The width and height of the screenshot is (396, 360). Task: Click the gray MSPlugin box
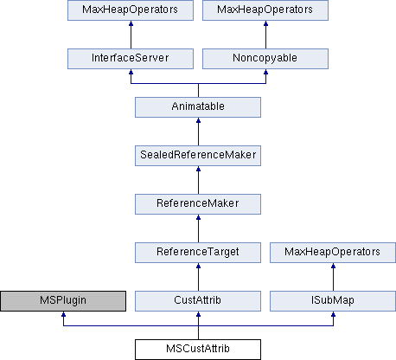(x=63, y=301)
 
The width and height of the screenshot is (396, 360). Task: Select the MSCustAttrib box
(x=198, y=350)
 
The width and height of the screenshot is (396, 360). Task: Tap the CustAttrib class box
(x=198, y=301)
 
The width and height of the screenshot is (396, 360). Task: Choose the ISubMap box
(x=333, y=301)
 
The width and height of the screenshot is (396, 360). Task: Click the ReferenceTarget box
(x=198, y=253)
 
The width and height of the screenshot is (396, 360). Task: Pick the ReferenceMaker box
(x=198, y=204)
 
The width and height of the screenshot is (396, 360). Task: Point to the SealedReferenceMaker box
(x=198, y=156)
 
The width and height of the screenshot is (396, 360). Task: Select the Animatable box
(x=198, y=107)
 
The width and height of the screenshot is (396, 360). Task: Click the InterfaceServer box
(x=131, y=59)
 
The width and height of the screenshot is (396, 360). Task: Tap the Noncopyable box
(x=265, y=59)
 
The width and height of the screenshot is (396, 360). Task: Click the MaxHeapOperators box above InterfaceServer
(x=131, y=10)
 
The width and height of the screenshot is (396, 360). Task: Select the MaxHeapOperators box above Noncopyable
(x=265, y=10)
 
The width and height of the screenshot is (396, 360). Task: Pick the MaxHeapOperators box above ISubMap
(x=333, y=253)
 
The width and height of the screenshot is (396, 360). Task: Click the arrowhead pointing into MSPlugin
(x=63, y=314)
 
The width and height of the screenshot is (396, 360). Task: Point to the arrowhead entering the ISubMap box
(x=333, y=314)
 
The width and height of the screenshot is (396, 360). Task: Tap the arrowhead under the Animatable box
(x=198, y=120)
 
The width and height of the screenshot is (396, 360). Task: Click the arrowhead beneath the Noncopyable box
(x=265, y=72)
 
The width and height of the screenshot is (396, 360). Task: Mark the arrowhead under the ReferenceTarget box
(x=198, y=266)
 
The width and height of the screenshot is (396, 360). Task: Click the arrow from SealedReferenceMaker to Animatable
(x=198, y=132)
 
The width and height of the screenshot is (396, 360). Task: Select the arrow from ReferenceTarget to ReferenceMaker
(x=198, y=228)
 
